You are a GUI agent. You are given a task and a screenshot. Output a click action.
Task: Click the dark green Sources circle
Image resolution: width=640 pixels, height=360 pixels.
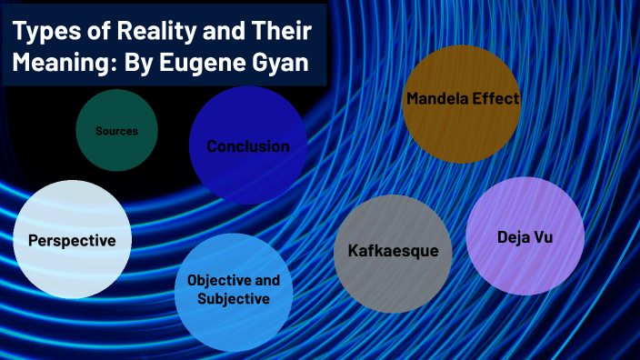point(116,131)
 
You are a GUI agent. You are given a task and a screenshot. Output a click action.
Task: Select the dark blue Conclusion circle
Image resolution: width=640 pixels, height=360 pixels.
point(247,145)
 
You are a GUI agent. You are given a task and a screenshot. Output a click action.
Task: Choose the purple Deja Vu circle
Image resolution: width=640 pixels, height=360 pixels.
point(525,236)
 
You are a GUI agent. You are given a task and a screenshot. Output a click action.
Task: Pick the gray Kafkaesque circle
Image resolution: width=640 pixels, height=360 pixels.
point(393,254)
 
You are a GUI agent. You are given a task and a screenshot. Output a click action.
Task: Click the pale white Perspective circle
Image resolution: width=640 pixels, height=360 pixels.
point(72,240)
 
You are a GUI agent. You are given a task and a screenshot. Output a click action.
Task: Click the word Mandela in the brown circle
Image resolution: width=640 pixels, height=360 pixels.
point(439,99)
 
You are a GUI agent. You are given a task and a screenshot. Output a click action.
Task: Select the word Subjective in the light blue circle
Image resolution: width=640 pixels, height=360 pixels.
point(234,298)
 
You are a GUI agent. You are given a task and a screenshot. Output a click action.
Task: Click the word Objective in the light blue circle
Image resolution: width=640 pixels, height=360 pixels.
point(219,280)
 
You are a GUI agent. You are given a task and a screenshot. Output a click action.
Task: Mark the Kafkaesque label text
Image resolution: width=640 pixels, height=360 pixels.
point(393,250)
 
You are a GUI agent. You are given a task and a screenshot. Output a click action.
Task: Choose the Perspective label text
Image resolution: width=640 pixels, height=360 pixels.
point(72,241)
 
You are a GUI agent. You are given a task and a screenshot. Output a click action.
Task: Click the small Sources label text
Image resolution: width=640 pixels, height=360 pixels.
point(116,131)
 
